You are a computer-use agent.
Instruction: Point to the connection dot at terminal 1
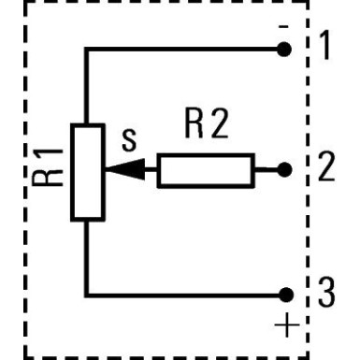point(286,49)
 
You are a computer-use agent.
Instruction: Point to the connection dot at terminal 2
point(286,171)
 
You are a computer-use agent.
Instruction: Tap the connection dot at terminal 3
point(286,294)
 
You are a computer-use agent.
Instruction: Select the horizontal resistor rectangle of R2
point(205,171)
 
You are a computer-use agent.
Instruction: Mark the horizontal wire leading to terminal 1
point(187,49)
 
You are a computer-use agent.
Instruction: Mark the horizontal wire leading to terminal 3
point(187,294)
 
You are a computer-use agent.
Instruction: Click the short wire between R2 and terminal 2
point(267,171)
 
